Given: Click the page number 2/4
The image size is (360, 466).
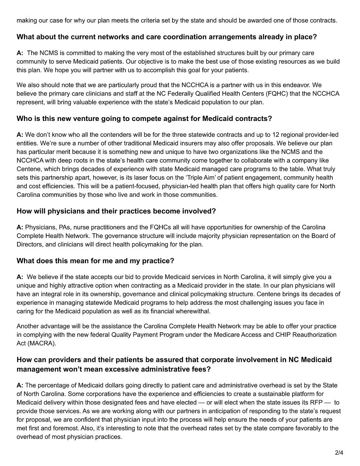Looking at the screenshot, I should tap(339, 452).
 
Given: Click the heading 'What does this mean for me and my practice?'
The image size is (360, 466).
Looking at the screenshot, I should tap(95, 261).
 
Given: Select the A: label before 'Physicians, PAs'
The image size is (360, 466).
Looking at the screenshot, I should tap(20, 228).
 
